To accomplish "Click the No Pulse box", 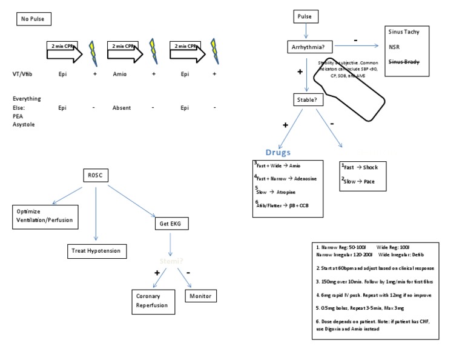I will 34,19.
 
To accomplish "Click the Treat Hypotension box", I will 97,251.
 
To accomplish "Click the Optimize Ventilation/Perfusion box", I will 44,215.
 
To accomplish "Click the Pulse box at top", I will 305,18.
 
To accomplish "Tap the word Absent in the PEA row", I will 122,108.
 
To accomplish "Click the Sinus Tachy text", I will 407,32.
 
